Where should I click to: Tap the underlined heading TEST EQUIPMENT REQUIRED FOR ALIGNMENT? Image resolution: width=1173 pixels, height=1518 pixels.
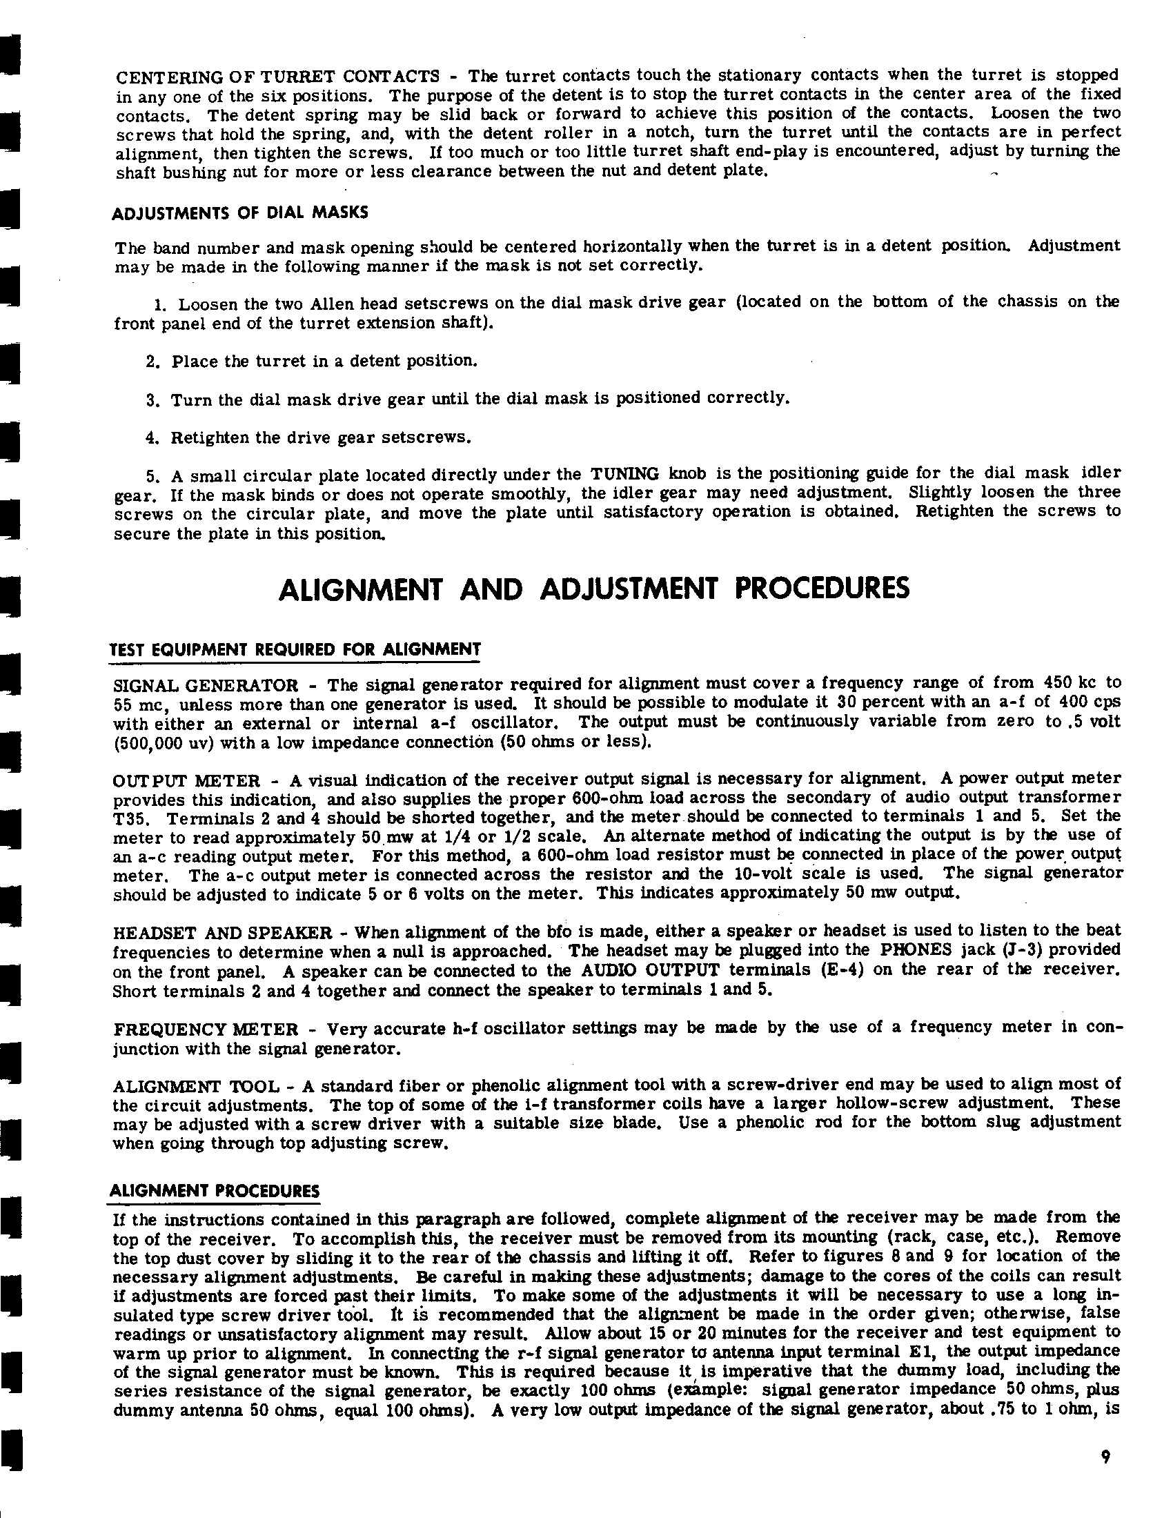coord(295,650)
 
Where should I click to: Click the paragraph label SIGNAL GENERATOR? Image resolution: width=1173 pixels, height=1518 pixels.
coord(206,685)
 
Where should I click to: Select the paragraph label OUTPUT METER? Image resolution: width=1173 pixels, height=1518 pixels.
coord(186,780)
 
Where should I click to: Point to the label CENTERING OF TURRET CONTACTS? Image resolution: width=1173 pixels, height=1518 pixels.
coord(277,76)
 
